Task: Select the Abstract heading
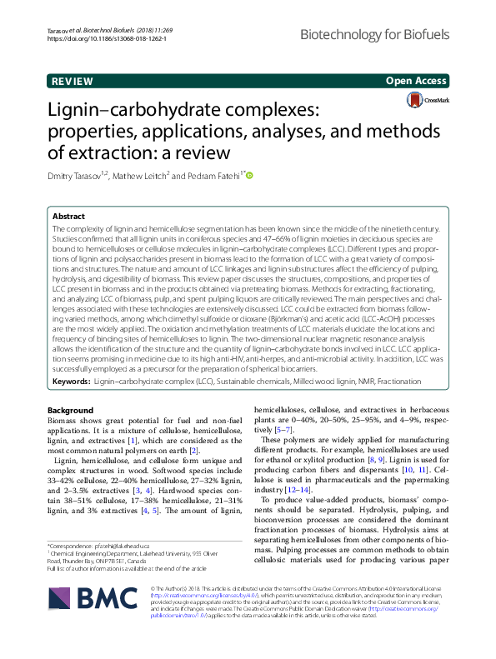click(x=69, y=215)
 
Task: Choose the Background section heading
click(x=71, y=410)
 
